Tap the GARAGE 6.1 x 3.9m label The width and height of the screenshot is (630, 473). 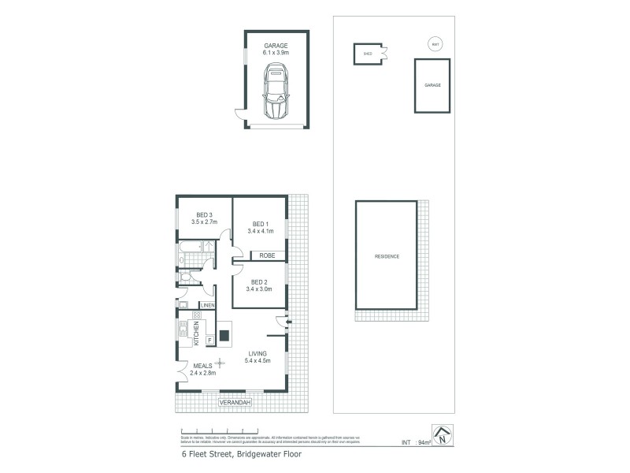coord(276,49)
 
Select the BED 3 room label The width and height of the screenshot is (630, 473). coord(204,218)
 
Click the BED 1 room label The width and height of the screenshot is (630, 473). coord(260,227)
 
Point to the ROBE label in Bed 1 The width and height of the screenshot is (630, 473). coord(267,256)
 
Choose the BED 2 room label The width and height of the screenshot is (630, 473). coord(260,285)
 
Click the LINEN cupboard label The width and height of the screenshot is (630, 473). coord(208,305)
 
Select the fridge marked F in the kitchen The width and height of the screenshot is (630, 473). coord(209,341)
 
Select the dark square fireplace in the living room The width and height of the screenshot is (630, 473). coord(224,335)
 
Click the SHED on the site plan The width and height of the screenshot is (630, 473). coord(368,54)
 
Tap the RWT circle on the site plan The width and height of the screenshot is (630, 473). coord(435,45)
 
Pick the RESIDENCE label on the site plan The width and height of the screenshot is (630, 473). coord(387,256)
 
